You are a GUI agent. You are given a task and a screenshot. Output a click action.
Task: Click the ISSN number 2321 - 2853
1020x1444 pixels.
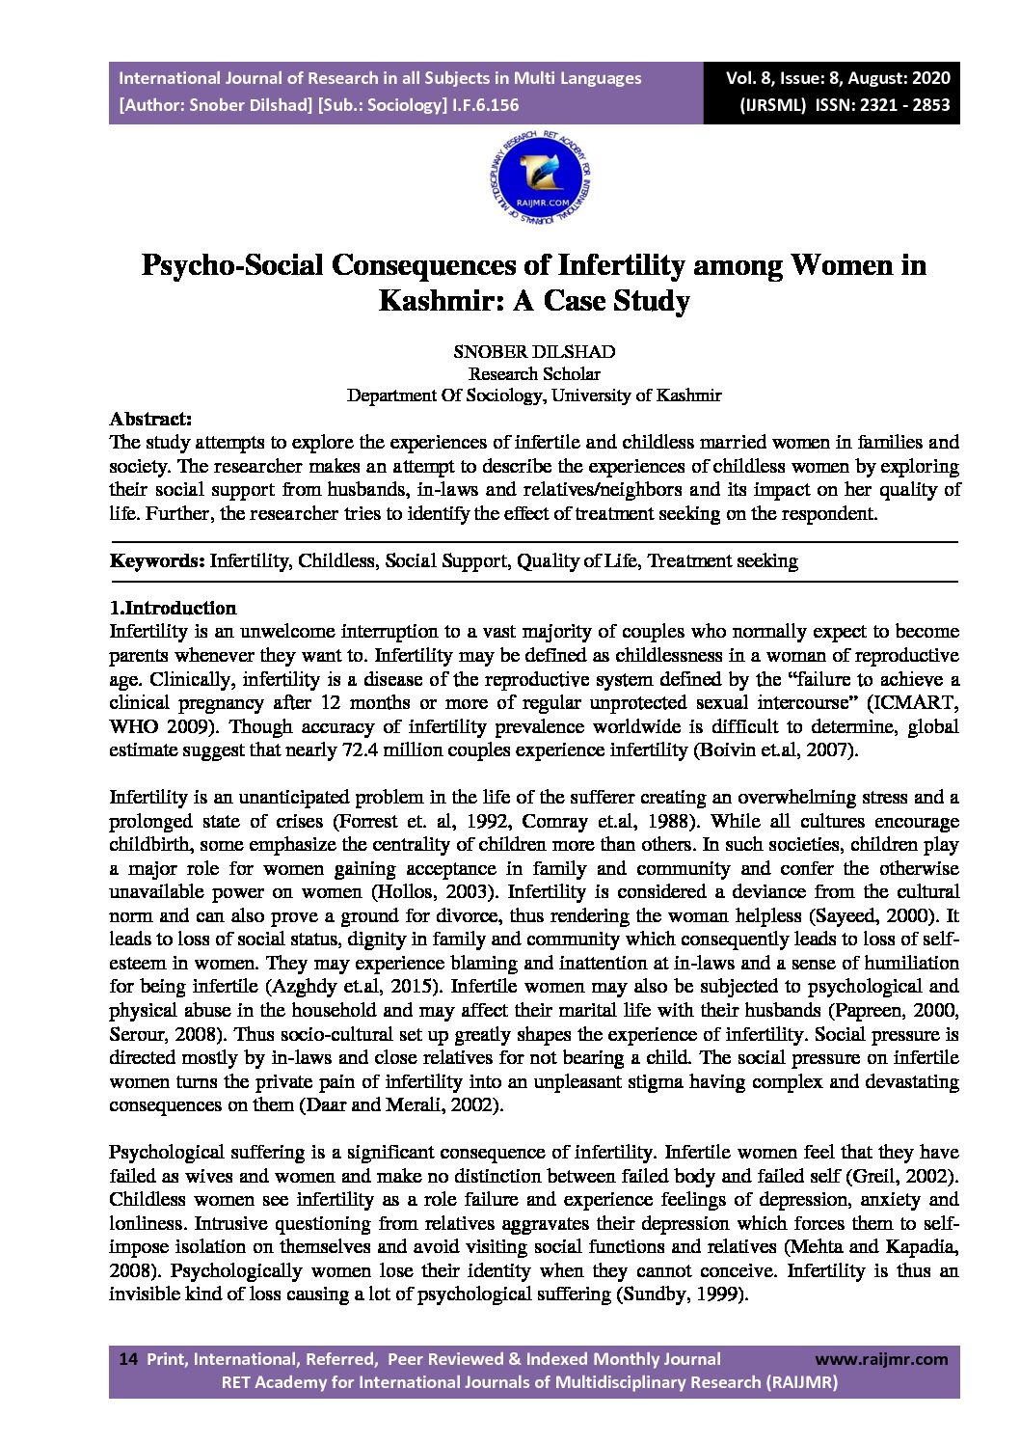901,105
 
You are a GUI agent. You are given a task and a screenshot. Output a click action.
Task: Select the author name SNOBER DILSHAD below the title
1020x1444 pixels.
533,352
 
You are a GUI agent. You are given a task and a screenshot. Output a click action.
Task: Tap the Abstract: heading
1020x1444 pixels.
151,420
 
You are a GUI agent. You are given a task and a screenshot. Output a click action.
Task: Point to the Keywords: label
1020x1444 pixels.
157,560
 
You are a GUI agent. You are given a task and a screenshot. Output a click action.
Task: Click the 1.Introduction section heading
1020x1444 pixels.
173,608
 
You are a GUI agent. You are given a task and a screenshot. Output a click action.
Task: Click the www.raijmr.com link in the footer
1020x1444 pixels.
881,1359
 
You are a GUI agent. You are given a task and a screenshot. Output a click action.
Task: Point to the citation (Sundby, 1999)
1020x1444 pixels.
682,1294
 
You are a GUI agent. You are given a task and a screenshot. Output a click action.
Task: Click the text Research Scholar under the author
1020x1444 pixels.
533,373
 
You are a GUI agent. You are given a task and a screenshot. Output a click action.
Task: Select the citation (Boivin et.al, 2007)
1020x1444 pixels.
775,749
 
